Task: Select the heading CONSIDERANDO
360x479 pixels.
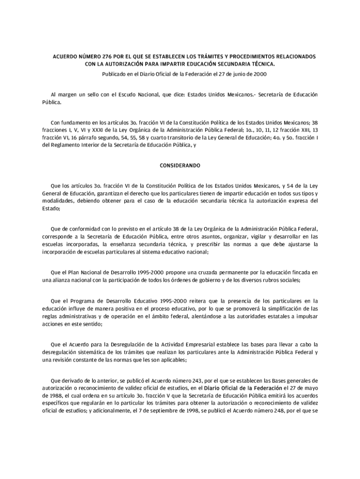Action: click(x=180, y=166)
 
